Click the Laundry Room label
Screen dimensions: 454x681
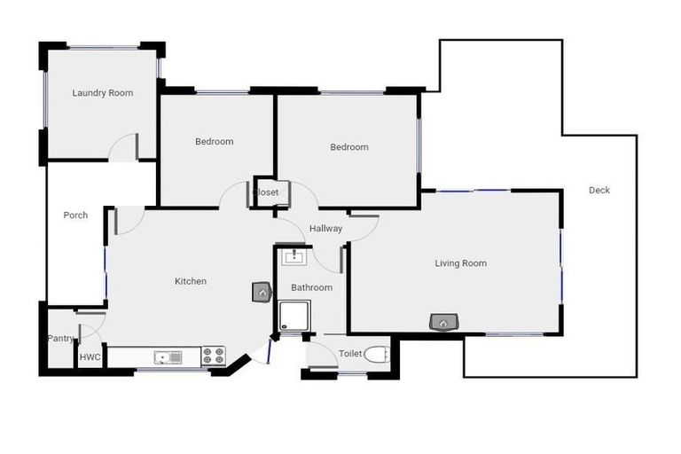[x=103, y=93]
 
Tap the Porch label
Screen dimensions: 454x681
[x=75, y=215]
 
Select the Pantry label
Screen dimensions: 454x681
[x=60, y=338]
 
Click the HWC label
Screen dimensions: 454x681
[x=90, y=357]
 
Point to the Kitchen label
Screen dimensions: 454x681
[x=190, y=281]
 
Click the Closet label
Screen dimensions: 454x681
[x=266, y=192]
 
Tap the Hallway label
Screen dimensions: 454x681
[x=325, y=229]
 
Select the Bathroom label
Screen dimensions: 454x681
[x=311, y=287]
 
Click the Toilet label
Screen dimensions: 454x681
[x=350, y=354]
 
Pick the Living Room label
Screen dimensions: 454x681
[x=460, y=262]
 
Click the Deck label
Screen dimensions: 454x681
[x=599, y=190]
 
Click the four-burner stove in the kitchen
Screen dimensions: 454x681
[x=214, y=356]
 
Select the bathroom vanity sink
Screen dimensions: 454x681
[x=294, y=257]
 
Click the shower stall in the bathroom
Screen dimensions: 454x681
[x=294, y=316]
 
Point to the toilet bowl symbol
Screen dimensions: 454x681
[x=377, y=355]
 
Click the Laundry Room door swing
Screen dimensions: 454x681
[x=124, y=147]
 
